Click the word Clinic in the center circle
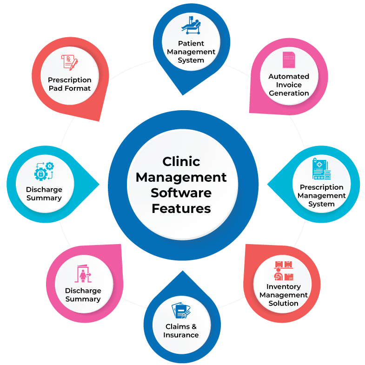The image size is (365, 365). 181,161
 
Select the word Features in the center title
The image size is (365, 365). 181,209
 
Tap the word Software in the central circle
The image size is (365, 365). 181,193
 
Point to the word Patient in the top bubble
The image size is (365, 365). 191,43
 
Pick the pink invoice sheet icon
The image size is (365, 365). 288,61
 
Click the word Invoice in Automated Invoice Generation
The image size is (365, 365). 288,85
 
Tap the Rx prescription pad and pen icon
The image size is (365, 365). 69,62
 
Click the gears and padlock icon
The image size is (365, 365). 44,172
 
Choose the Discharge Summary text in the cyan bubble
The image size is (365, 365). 44,194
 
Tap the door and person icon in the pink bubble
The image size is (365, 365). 83,274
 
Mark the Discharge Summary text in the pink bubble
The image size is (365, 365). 83,295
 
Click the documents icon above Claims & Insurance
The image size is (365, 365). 181,311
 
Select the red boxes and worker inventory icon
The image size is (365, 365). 283,271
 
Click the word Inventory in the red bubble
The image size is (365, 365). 283,286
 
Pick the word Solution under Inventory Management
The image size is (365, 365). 283,304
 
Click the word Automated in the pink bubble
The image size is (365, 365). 288,76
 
